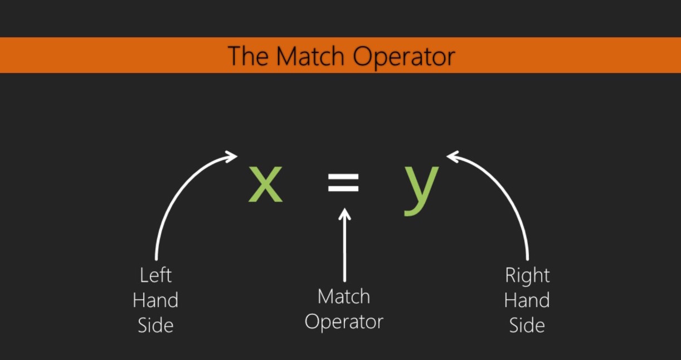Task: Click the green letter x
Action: tap(265, 184)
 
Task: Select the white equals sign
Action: tap(343, 183)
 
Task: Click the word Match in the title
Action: tap(313, 56)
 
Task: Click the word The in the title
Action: tap(249, 56)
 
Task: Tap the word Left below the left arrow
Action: tap(155, 275)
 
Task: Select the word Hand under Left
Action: tap(155, 300)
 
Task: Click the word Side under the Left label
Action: tap(155, 325)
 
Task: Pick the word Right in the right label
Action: tap(527, 275)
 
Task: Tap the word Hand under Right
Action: tap(527, 300)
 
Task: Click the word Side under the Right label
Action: tap(527, 325)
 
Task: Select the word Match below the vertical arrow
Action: tap(344, 296)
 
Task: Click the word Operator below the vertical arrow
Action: tap(344, 322)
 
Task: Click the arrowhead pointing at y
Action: tap(453, 157)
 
